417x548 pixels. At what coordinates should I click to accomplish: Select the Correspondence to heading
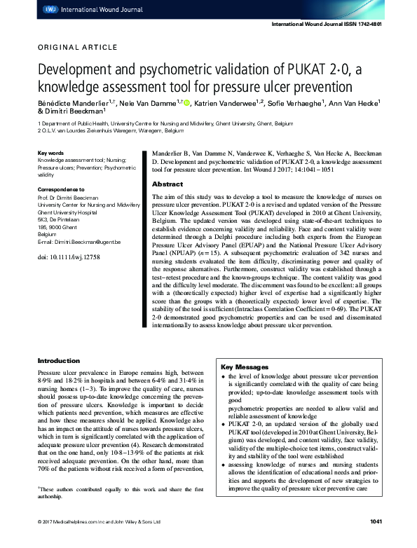[x=61, y=189]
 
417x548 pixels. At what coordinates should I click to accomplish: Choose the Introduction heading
[x=60, y=360]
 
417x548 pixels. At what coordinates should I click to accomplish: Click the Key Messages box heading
[x=245, y=367]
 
